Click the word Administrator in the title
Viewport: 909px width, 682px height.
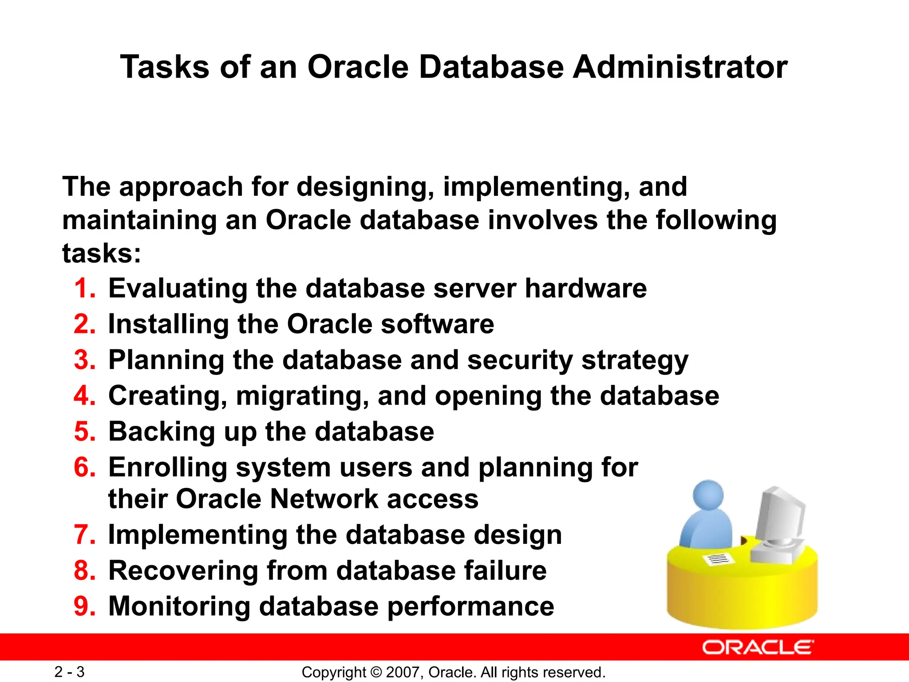pos(680,67)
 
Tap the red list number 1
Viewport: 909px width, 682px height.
pos(84,289)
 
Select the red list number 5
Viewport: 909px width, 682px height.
pos(84,432)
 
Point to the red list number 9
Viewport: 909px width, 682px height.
pos(84,607)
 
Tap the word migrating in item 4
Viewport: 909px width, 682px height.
pos(302,396)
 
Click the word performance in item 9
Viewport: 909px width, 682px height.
pos(470,607)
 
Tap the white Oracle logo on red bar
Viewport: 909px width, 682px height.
pos(758,648)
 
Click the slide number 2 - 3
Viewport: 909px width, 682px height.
pos(69,672)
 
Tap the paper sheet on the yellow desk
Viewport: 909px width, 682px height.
pos(718,559)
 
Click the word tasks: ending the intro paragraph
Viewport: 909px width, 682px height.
pos(102,254)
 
